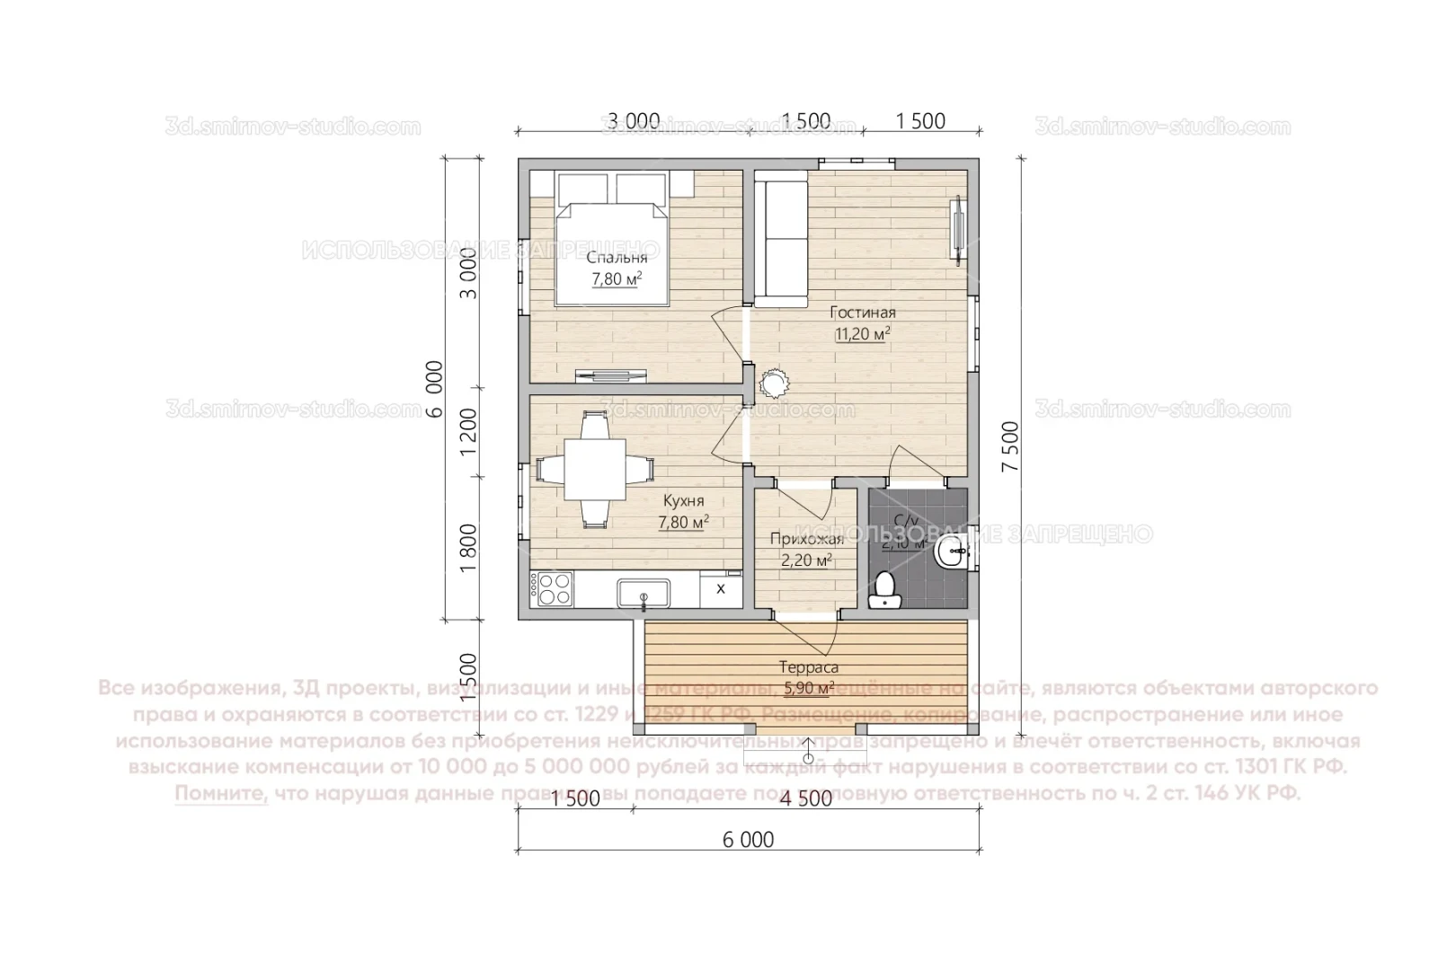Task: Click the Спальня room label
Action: point(617,259)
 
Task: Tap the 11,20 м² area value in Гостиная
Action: point(862,334)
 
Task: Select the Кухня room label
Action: point(683,501)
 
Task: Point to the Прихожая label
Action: point(806,540)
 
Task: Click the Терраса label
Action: point(809,668)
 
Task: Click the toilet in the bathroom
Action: point(885,589)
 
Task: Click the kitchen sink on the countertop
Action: point(643,592)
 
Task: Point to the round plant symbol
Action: point(773,384)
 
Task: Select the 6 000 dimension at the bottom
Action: point(748,840)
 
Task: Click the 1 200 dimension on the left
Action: point(468,432)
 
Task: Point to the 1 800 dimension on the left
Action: point(468,548)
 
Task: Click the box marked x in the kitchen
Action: point(720,589)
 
